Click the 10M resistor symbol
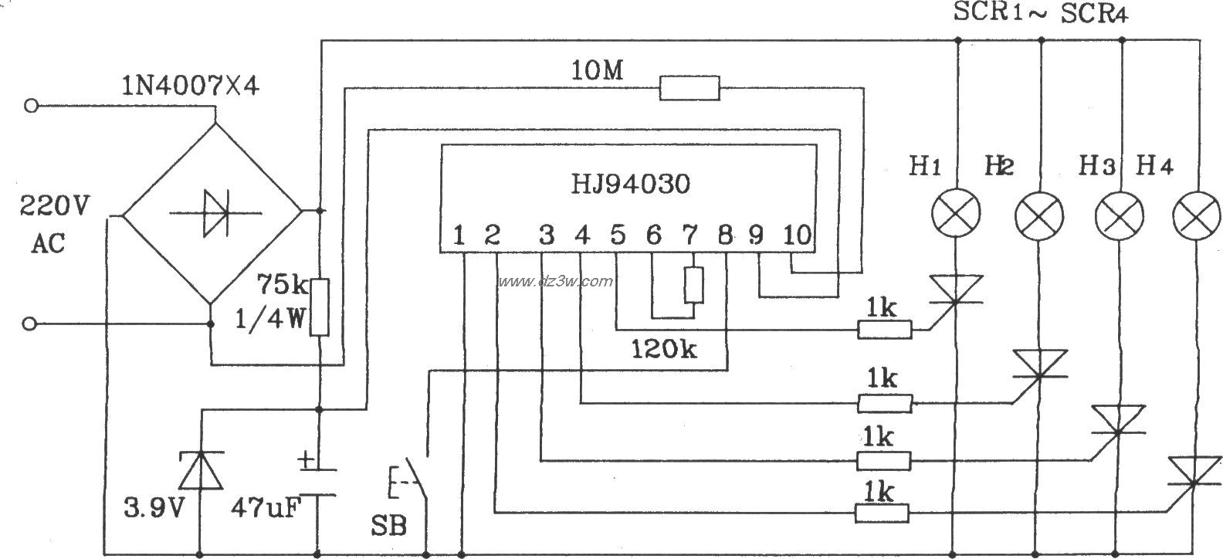[x=689, y=88]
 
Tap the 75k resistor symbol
[x=320, y=307]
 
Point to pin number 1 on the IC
[x=459, y=235]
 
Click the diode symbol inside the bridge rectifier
[x=213, y=211]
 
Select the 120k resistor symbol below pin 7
[x=693, y=285]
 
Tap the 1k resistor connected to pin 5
[x=885, y=330]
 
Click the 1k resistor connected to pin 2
[x=882, y=513]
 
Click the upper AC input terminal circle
[x=31, y=106]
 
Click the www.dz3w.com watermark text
[x=555, y=281]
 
